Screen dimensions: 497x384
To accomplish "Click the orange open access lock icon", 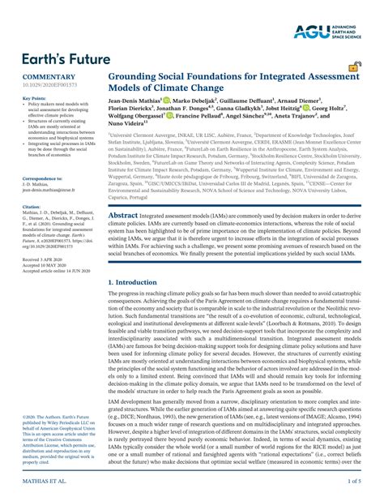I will coord(353,67).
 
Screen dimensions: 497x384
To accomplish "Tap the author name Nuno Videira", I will coord(130,142).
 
